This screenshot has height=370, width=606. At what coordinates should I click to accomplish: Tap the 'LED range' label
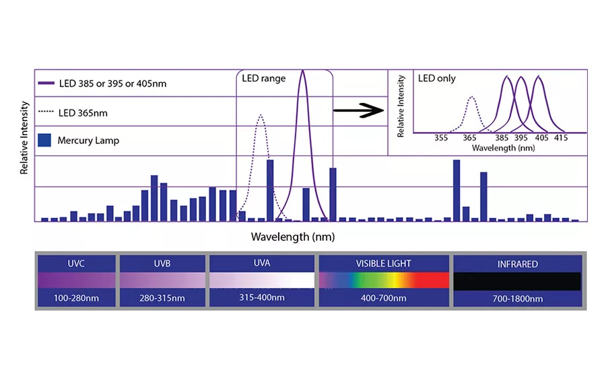click(x=263, y=79)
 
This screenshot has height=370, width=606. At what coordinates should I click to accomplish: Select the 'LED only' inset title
click(x=436, y=79)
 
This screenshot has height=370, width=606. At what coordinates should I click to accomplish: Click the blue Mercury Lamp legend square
click(x=45, y=140)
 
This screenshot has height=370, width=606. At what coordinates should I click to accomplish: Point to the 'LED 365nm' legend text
click(x=82, y=112)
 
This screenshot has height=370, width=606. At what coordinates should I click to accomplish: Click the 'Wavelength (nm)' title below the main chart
click(x=292, y=237)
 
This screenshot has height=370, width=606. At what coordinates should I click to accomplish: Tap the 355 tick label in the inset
click(x=441, y=138)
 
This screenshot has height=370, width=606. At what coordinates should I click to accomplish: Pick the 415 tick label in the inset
click(x=560, y=138)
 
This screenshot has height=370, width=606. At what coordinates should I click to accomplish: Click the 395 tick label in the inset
click(x=520, y=138)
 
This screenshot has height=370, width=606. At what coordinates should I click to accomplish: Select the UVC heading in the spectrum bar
click(x=76, y=264)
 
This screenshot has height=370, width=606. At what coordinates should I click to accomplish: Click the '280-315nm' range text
click(x=162, y=298)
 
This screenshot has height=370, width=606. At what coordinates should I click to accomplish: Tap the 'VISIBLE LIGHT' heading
click(x=383, y=264)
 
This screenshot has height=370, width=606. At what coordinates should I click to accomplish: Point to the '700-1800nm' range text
click(x=516, y=298)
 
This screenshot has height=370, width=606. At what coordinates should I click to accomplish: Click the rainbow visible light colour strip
click(x=383, y=280)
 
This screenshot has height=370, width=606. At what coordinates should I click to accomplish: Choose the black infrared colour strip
click(x=516, y=281)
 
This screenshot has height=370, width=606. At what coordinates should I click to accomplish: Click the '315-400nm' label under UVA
click(x=261, y=298)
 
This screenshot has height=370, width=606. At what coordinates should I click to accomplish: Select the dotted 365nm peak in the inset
click(x=472, y=97)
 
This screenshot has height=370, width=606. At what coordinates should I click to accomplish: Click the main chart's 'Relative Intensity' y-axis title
click(x=24, y=138)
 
